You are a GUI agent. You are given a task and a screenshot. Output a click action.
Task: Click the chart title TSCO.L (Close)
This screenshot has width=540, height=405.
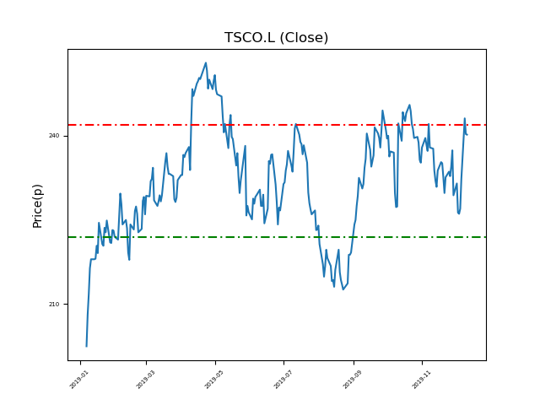point(276,38)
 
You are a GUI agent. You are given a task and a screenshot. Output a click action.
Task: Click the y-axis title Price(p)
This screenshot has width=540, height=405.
point(37,205)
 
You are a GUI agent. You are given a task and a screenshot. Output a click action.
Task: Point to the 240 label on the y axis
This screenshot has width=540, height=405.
point(54,136)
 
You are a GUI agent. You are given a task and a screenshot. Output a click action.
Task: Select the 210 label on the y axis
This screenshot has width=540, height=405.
point(54,305)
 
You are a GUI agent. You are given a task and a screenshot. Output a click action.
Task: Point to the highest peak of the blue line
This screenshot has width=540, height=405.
point(206,62)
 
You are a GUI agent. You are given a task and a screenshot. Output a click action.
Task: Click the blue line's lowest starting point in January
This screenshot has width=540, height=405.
point(86,346)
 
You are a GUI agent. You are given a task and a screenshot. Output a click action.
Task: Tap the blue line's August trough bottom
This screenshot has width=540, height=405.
point(343,290)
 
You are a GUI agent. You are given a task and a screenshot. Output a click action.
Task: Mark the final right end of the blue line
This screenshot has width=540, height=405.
point(467,134)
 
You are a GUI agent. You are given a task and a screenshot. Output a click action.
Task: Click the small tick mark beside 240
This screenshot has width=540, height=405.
point(66,136)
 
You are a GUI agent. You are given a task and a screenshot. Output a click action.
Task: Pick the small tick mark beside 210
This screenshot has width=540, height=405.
point(66,305)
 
